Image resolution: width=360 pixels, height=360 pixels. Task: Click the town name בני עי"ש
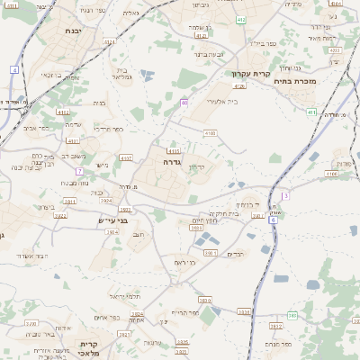[x=112, y=219]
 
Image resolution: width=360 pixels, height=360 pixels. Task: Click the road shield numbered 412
[x=239, y=18]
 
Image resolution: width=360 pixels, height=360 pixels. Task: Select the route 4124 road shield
[x=238, y=85]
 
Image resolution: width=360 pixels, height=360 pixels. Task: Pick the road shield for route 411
[x=311, y=112]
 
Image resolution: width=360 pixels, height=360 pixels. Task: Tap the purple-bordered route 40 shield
[x=184, y=103]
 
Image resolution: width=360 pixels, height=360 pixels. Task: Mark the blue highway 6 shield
[x=274, y=220]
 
